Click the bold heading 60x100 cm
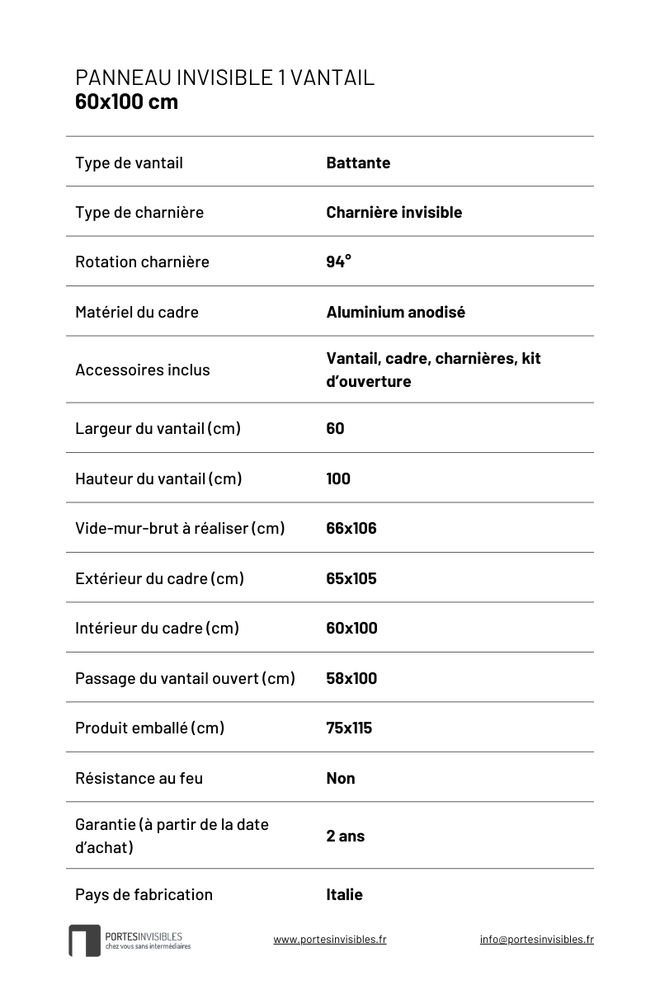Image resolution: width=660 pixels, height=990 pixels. pos(126,102)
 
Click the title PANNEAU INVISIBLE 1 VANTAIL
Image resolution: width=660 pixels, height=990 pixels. pos(224,78)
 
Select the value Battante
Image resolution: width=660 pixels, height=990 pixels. pos(358,163)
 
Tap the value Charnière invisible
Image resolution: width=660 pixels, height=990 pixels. pos(394,212)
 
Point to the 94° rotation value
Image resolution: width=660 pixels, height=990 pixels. pos(338,262)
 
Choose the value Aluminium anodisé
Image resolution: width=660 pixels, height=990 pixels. pos(395,312)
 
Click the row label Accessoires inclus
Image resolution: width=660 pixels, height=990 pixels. pos(142,370)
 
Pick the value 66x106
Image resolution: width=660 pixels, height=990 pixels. pos(351,528)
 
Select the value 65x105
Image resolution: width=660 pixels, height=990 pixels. pos(351,578)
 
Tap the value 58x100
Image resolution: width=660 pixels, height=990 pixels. pos(351,678)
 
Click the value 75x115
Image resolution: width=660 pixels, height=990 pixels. pos(349,728)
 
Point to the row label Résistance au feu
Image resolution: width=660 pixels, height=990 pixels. pos(139,778)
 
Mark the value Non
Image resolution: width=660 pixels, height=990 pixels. pos(340,778)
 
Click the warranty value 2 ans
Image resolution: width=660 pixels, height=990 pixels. pos(345,836)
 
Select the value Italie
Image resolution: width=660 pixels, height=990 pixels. pos(344,894)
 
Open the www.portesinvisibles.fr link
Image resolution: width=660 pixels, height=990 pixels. pos(329,939)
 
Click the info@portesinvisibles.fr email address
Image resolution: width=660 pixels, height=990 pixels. pos(536,939)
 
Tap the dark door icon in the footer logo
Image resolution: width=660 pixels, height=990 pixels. pos(84,940)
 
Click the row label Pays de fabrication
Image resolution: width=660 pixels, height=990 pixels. pos(144,894)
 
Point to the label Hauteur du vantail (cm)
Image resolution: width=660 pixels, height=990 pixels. pos(158,478)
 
